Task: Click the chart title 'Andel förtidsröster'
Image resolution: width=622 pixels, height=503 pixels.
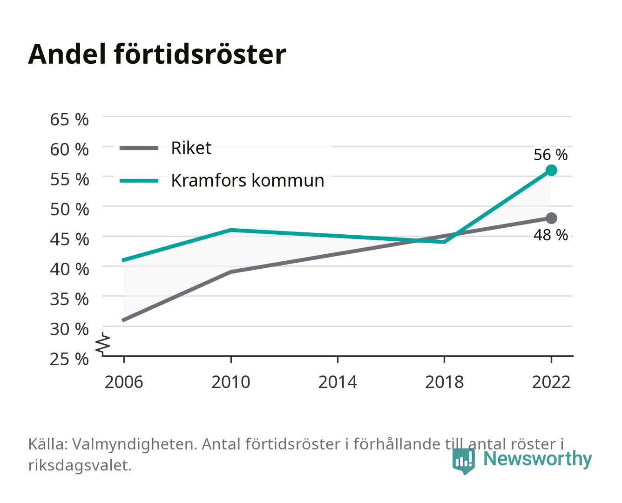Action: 157,54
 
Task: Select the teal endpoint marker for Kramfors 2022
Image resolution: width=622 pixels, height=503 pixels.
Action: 551,170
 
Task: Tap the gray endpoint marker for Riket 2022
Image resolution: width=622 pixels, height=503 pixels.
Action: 551,218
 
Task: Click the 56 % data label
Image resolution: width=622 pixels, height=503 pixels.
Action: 550,155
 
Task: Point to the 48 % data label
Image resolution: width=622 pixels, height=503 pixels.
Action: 550,235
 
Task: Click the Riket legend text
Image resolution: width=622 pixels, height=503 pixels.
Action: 191,148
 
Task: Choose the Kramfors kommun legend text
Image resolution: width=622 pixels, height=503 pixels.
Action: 248,181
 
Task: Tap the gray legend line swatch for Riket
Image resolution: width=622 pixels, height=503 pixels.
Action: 139,149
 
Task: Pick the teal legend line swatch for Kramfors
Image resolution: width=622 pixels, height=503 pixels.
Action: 139,181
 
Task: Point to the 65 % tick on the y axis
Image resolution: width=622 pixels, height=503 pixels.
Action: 69,120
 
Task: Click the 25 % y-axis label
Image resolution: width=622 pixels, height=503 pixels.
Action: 69,359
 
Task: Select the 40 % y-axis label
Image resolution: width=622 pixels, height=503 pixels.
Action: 69,269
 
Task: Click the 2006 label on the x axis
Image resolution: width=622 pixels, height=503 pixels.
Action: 124,382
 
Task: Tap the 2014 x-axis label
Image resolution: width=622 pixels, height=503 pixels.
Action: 338,382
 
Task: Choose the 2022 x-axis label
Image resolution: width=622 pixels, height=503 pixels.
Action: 551,382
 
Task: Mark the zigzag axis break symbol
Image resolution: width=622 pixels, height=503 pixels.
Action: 103,344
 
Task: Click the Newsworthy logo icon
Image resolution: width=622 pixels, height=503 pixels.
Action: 463,462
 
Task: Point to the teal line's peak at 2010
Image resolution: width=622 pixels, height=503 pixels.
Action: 231,230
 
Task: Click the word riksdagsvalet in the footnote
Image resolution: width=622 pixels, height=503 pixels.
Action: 80,465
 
